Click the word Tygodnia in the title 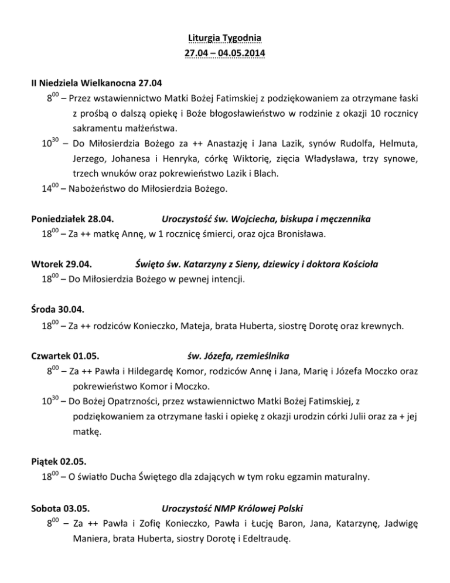coord(243,39)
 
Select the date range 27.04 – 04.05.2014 coord(224,54)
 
